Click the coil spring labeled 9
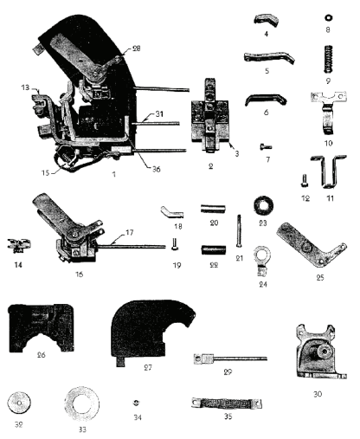coord(327,59)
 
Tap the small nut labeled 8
coord(327,18)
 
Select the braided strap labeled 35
coord(227,403)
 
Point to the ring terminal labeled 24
coord(262,261)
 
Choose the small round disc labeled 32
coord(19,403)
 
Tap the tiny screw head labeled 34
coord(137,403)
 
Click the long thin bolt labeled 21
coord(239,230)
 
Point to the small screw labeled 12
coord(304,180)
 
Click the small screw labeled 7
coord(266,147)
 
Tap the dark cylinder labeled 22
coord(213,249)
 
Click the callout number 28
coord(136,48)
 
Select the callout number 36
coord(156,169)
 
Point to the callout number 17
coord(130,232)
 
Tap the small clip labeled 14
coord(18,245)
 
